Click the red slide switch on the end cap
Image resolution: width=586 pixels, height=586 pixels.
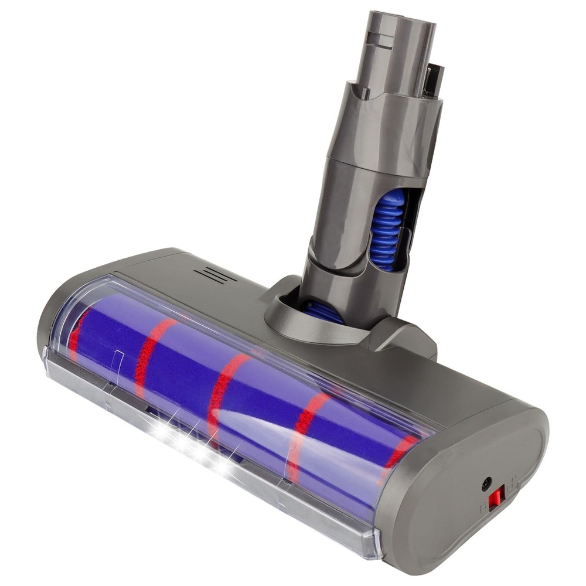pyautogui.click(x=496, y=498)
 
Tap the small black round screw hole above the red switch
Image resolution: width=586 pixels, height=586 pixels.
pyautogui.click(x=486, y=484)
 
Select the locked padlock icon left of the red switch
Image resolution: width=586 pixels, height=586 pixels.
pyautogui.click(x=483, y=508)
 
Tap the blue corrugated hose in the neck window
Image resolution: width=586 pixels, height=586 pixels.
pyautogui.click(x=387, y=229)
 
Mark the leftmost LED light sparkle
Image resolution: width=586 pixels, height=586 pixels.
pyautogui.click(x=158, y=422)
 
